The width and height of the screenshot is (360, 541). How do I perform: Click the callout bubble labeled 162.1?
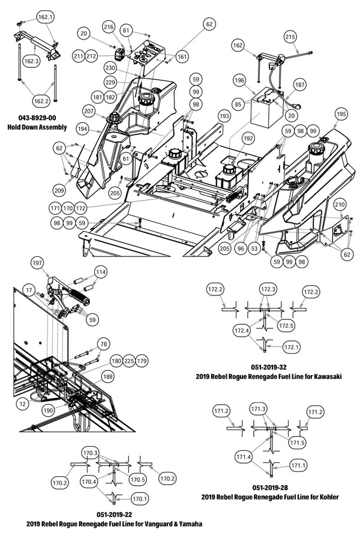click(x=46, y=17)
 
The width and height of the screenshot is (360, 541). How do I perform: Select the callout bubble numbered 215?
click(x=290, y=37)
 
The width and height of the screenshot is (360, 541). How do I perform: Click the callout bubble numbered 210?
click(x=339, y=205)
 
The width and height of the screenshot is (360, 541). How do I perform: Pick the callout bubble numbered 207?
click(x=89, y=112)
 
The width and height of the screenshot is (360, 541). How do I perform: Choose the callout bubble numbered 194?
click(x=82, y=129)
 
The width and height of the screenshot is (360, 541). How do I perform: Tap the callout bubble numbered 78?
click(x=104, y=344)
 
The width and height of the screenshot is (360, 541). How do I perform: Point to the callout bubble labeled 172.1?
click(x=291, y=347)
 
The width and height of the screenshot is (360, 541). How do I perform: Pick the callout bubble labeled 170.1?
click(x=139, y=498)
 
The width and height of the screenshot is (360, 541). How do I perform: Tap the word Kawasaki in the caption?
click(x=324, y=376)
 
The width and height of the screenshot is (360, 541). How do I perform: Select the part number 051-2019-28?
click(x=271, y=488)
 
